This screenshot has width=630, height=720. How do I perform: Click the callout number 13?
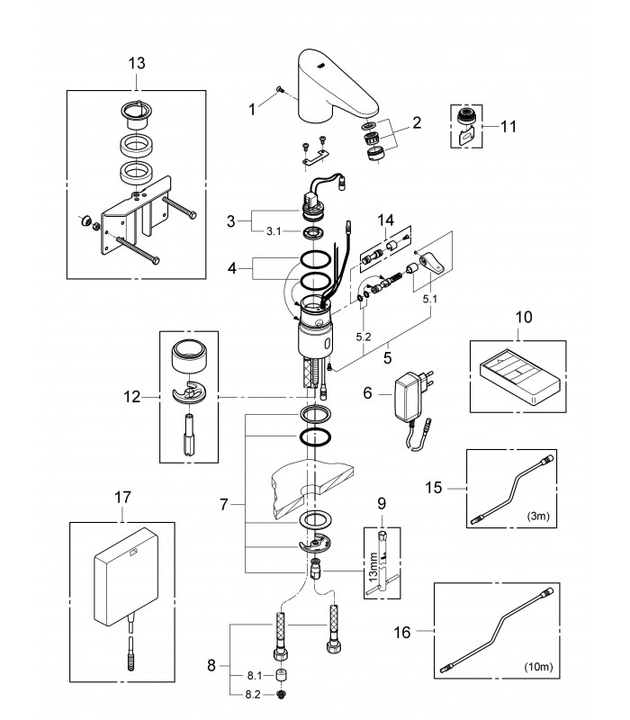pos(137,63)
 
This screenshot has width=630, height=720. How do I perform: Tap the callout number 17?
pos(122,498)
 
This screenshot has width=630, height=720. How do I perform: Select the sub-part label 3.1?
pos(274,231)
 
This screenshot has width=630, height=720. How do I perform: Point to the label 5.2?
pos(364,337)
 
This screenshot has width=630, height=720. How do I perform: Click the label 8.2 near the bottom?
pos(253,695)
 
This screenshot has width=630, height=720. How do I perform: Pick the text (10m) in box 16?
pos(538,666)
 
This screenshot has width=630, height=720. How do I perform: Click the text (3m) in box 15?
pos(538,516)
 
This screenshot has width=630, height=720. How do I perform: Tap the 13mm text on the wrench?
pos(373,567)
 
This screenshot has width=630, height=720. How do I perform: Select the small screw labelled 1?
pos(279,89)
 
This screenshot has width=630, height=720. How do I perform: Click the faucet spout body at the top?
pos(334,85)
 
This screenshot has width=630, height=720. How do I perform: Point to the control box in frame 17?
pos(127,577)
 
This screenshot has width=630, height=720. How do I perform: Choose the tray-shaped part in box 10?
pos(520,377)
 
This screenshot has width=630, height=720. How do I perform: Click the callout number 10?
pos(524,318)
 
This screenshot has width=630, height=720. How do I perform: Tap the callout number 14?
pos(386,220)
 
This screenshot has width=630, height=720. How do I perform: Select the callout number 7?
pos(223,505)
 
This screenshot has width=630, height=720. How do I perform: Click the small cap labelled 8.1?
pos(280,676)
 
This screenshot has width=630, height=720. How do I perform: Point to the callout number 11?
pos(508,126)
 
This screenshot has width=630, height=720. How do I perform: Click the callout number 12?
pos(131,397)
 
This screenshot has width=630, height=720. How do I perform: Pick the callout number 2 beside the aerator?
pos(417,122)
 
